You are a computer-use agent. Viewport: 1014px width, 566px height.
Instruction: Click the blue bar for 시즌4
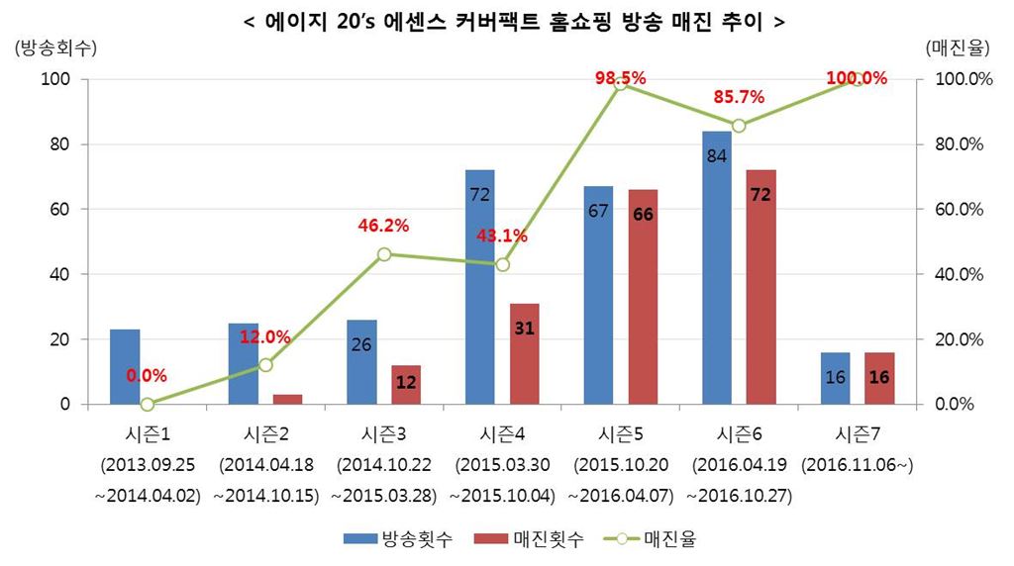479,287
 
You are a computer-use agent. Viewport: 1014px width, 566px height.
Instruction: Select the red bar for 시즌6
760,287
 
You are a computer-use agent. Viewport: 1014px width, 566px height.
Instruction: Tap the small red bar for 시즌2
287,399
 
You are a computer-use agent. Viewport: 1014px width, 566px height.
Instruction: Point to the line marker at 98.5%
621,84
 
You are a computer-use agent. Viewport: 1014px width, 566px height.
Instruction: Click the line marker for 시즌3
384,254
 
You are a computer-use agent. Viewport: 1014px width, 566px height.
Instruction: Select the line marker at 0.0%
148,404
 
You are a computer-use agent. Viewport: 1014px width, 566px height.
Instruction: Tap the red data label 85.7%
739,97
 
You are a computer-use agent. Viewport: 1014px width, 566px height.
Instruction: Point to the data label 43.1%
502,236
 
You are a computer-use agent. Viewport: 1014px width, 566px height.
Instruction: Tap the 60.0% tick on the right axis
957,210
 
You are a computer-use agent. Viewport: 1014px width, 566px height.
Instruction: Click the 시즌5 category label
621,433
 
